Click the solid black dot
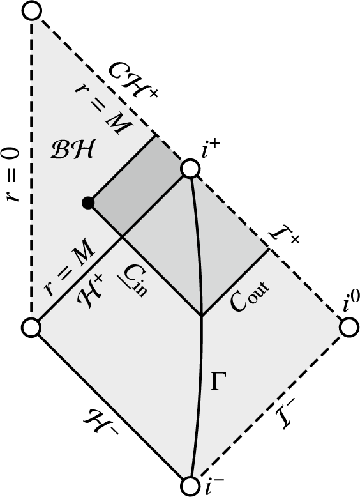[89, 203]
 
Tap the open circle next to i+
[190, 169]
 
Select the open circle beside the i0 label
[349, 328]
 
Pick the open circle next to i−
[190, 486]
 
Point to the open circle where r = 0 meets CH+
[31, 11]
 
